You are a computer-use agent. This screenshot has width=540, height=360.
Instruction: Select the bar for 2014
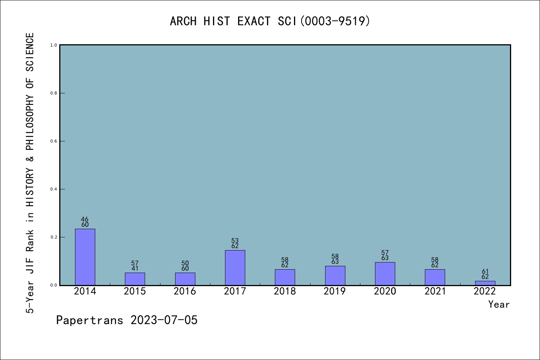[85, 257]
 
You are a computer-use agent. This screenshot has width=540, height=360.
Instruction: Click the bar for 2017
[235, 268]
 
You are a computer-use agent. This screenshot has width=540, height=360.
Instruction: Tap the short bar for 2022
[485, 283]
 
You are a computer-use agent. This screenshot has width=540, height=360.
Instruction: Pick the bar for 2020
[385, 274]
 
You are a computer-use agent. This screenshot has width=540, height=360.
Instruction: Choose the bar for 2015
[135, 279]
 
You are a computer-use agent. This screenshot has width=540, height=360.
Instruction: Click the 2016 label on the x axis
[185, 291]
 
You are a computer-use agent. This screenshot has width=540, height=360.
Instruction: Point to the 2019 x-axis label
[335, 291]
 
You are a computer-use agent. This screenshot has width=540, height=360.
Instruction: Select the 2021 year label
[435, 291]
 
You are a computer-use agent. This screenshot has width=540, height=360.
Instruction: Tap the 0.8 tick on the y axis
[54, 93]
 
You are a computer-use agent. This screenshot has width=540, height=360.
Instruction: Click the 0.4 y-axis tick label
[54, 189]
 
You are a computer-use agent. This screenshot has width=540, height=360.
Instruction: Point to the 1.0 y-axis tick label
[54, 45]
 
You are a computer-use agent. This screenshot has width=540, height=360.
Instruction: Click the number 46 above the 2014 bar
[85, 219]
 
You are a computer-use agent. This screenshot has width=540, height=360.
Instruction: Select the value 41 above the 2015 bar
[135, 268]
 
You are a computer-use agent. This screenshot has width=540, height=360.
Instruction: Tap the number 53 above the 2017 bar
[235, 241]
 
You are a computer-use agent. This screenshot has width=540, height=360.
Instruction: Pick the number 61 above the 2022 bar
[485, 271]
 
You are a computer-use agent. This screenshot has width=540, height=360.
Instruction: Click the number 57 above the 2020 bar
[385, 253]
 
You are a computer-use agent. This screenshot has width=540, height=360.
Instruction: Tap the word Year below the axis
[499, 304]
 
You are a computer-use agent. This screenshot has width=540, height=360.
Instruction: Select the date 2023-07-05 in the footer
[164, 320]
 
